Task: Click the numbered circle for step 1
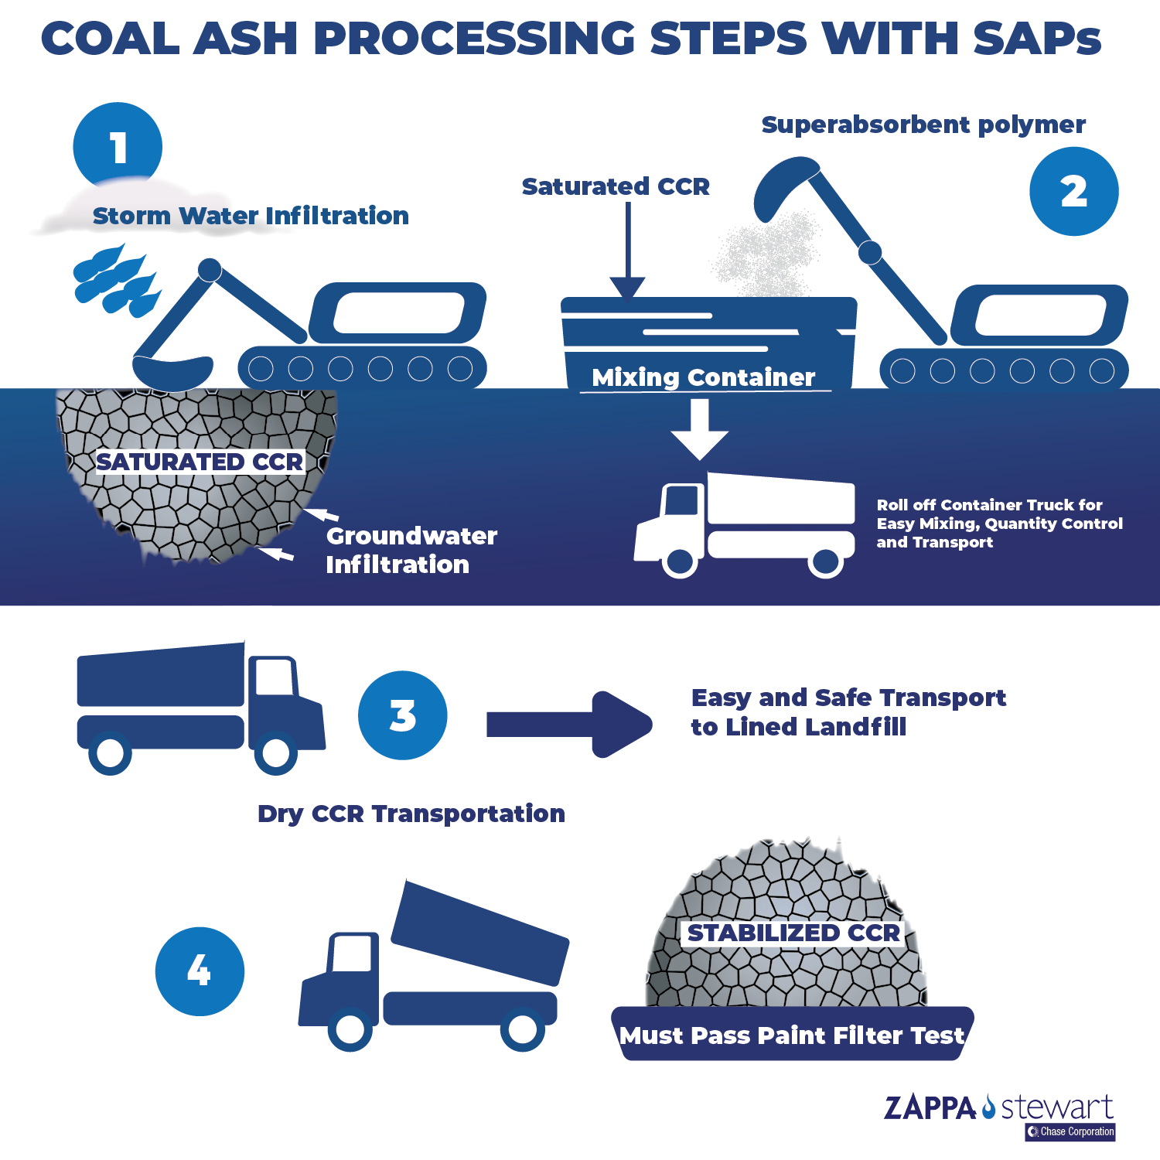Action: [118, 145]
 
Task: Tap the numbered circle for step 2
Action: [1073, 191]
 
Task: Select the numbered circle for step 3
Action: [402, 715]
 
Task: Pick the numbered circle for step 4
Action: [200, 971]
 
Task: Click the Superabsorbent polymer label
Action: [923, 125]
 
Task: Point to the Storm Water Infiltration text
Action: [251, 216]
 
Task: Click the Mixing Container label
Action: [703, 377]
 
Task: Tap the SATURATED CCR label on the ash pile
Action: [200, 462]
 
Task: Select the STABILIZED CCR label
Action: [793, 933]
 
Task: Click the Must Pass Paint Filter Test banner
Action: [792, 1035]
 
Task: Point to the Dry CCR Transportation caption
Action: [411, 814]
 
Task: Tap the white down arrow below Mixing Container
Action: [699, 428]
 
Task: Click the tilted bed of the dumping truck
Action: [479, 932]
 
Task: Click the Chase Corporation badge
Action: [1070, 1131]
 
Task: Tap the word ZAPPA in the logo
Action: [930, 1108]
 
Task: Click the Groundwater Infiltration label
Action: [411, 550]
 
